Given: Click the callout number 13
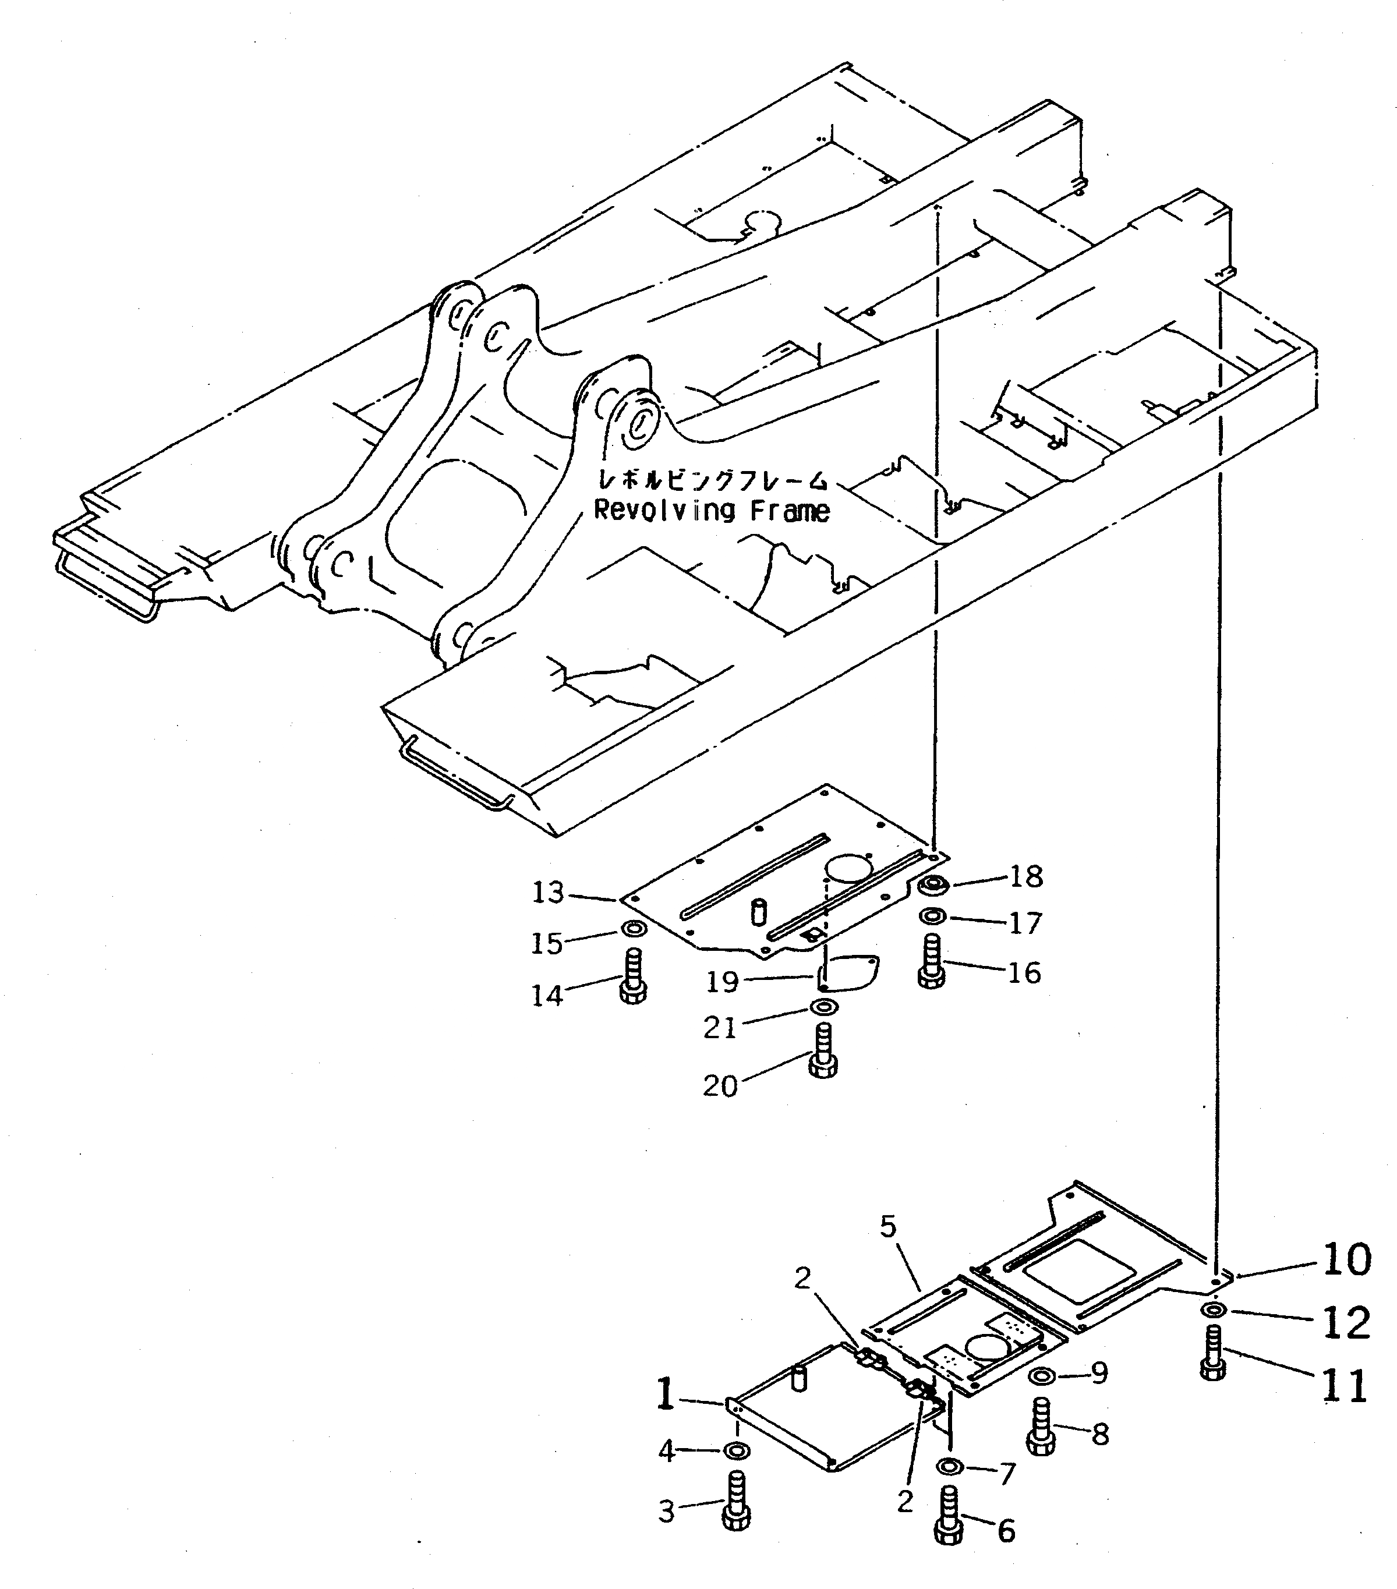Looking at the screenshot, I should [x=547, y=893].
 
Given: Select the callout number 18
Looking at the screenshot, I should [x=1025, y=876].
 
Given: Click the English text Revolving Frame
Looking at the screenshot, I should [x=712, y=511].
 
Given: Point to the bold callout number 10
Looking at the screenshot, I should [x=1346, y=1259].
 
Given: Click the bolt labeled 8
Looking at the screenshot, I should [x=1040, y=1425].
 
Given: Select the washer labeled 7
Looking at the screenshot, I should [x=949, y=1466].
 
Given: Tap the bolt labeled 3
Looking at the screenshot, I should [x=735, y=1499].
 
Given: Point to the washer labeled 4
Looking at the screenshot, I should [x=736, y=1450].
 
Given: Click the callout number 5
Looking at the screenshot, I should [x=889, y=1227].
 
